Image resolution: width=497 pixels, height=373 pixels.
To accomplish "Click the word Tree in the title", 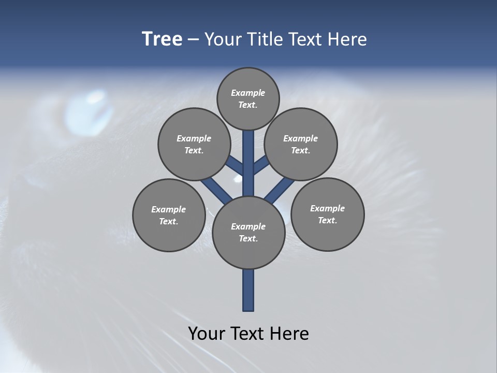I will (162, 39).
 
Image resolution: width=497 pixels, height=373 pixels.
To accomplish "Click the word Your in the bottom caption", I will (207, 333).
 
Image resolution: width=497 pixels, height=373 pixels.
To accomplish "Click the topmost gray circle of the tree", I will (248, 98).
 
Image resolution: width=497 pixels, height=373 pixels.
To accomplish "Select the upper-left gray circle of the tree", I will (194, 144).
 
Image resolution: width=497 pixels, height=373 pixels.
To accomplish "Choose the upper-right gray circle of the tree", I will (301, 144).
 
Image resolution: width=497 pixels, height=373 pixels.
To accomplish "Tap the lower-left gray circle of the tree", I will (169, 215).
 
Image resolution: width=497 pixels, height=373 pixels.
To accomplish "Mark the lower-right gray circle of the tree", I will (327, 214).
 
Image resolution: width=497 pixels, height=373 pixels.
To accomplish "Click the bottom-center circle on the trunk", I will (248, 232).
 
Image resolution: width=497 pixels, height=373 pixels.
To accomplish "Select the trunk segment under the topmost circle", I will (248, 155).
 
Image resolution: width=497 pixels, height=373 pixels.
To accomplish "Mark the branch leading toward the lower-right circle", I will (280, 190).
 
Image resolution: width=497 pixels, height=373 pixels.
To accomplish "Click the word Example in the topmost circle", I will (248, 93).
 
